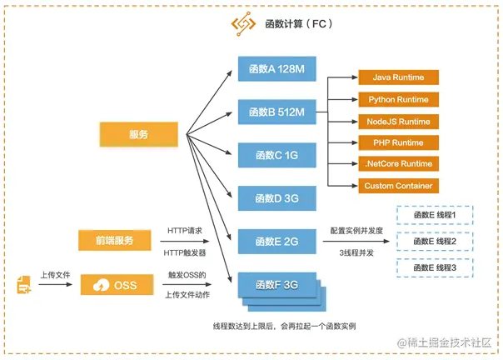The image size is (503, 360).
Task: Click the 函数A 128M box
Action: (x=279, y=68)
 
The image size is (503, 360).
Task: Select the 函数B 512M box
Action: (x=279, y=112)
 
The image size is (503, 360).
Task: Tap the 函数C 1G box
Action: (x=279, y=155)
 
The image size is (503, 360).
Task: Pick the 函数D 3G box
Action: (x=279, y=198)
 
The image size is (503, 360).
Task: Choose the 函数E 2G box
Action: (x=279, y=242)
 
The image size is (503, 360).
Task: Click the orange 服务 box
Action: (x=138, y=135)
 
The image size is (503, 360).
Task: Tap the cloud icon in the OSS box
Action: (x=102, y=284)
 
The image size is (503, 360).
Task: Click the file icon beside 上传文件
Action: (x=23, y=286)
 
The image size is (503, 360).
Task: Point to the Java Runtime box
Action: (x=397, y=77)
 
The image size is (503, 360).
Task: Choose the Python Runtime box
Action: (x=397, y=99)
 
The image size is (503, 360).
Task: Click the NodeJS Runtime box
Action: (x=397, y=121)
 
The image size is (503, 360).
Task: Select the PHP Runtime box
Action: (x=397, y=142)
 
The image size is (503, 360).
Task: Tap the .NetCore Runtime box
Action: (x=397, y=164)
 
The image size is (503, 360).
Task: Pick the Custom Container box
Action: (x=397, y=186)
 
